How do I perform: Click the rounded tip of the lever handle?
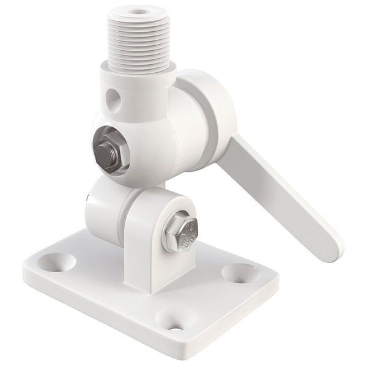pyautogui.click(x=330, y=247)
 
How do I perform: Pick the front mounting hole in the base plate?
pyautogui.click(x=170, y=317)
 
